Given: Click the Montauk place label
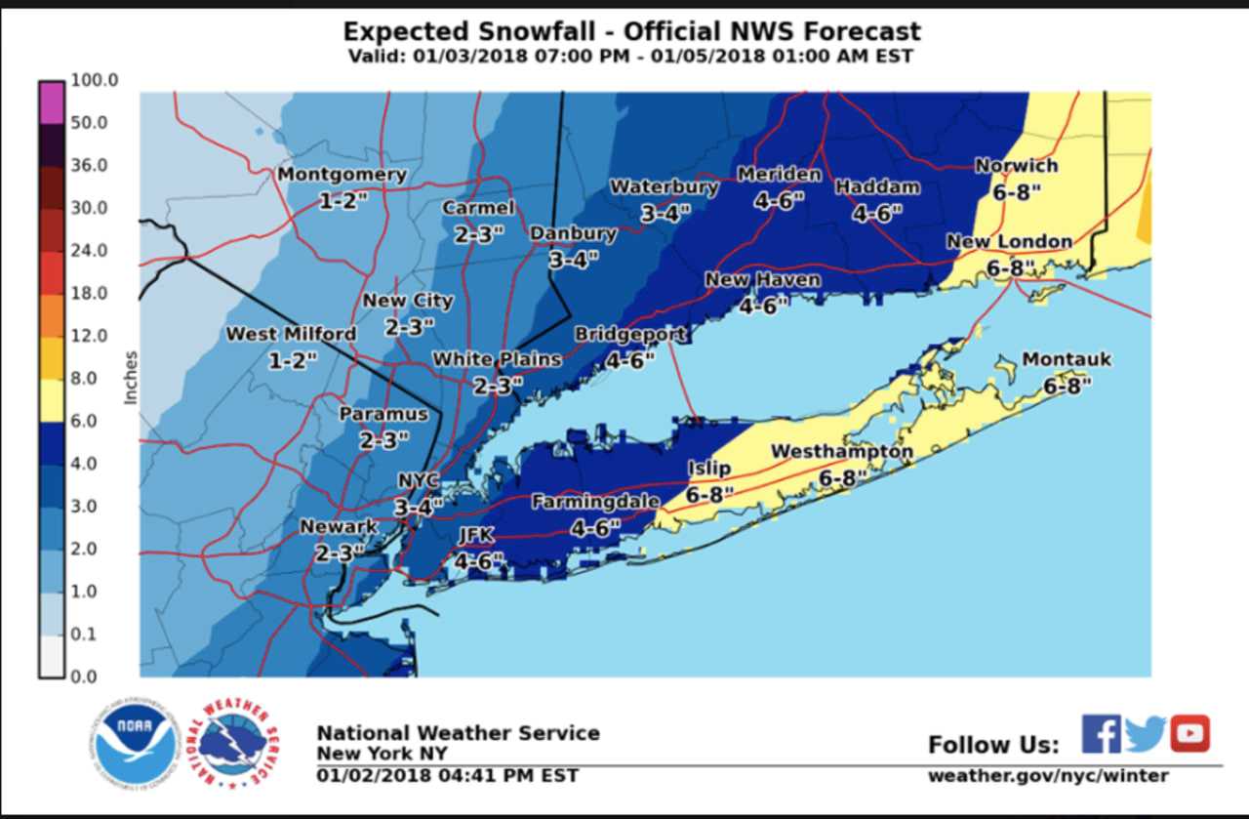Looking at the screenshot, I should (x=1066, y=360).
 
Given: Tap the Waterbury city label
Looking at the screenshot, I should (x=664, y=187).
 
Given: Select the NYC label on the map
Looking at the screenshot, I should (x=419, y=480).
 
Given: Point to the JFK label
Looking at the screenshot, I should (x=478, y=536).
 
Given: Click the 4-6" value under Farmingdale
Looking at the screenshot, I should (x=594, y=527).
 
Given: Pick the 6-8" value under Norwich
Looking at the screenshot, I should (x=1016, y=192).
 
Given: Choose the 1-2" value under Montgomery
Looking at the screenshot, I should (x=342, y=200).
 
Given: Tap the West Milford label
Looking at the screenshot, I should (x=291, y=335).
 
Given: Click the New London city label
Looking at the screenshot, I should (x=1009, y=242).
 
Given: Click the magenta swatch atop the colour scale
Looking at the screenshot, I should (x=52, y=102).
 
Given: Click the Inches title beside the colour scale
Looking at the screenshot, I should (x=130, y=378).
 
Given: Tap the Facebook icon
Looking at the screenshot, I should (x=1101, y=734).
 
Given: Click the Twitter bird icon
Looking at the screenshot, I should (x=1146, y=734).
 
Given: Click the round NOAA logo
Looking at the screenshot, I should (x=136, y=743).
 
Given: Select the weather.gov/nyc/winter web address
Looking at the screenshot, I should (x=1047, y=776).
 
